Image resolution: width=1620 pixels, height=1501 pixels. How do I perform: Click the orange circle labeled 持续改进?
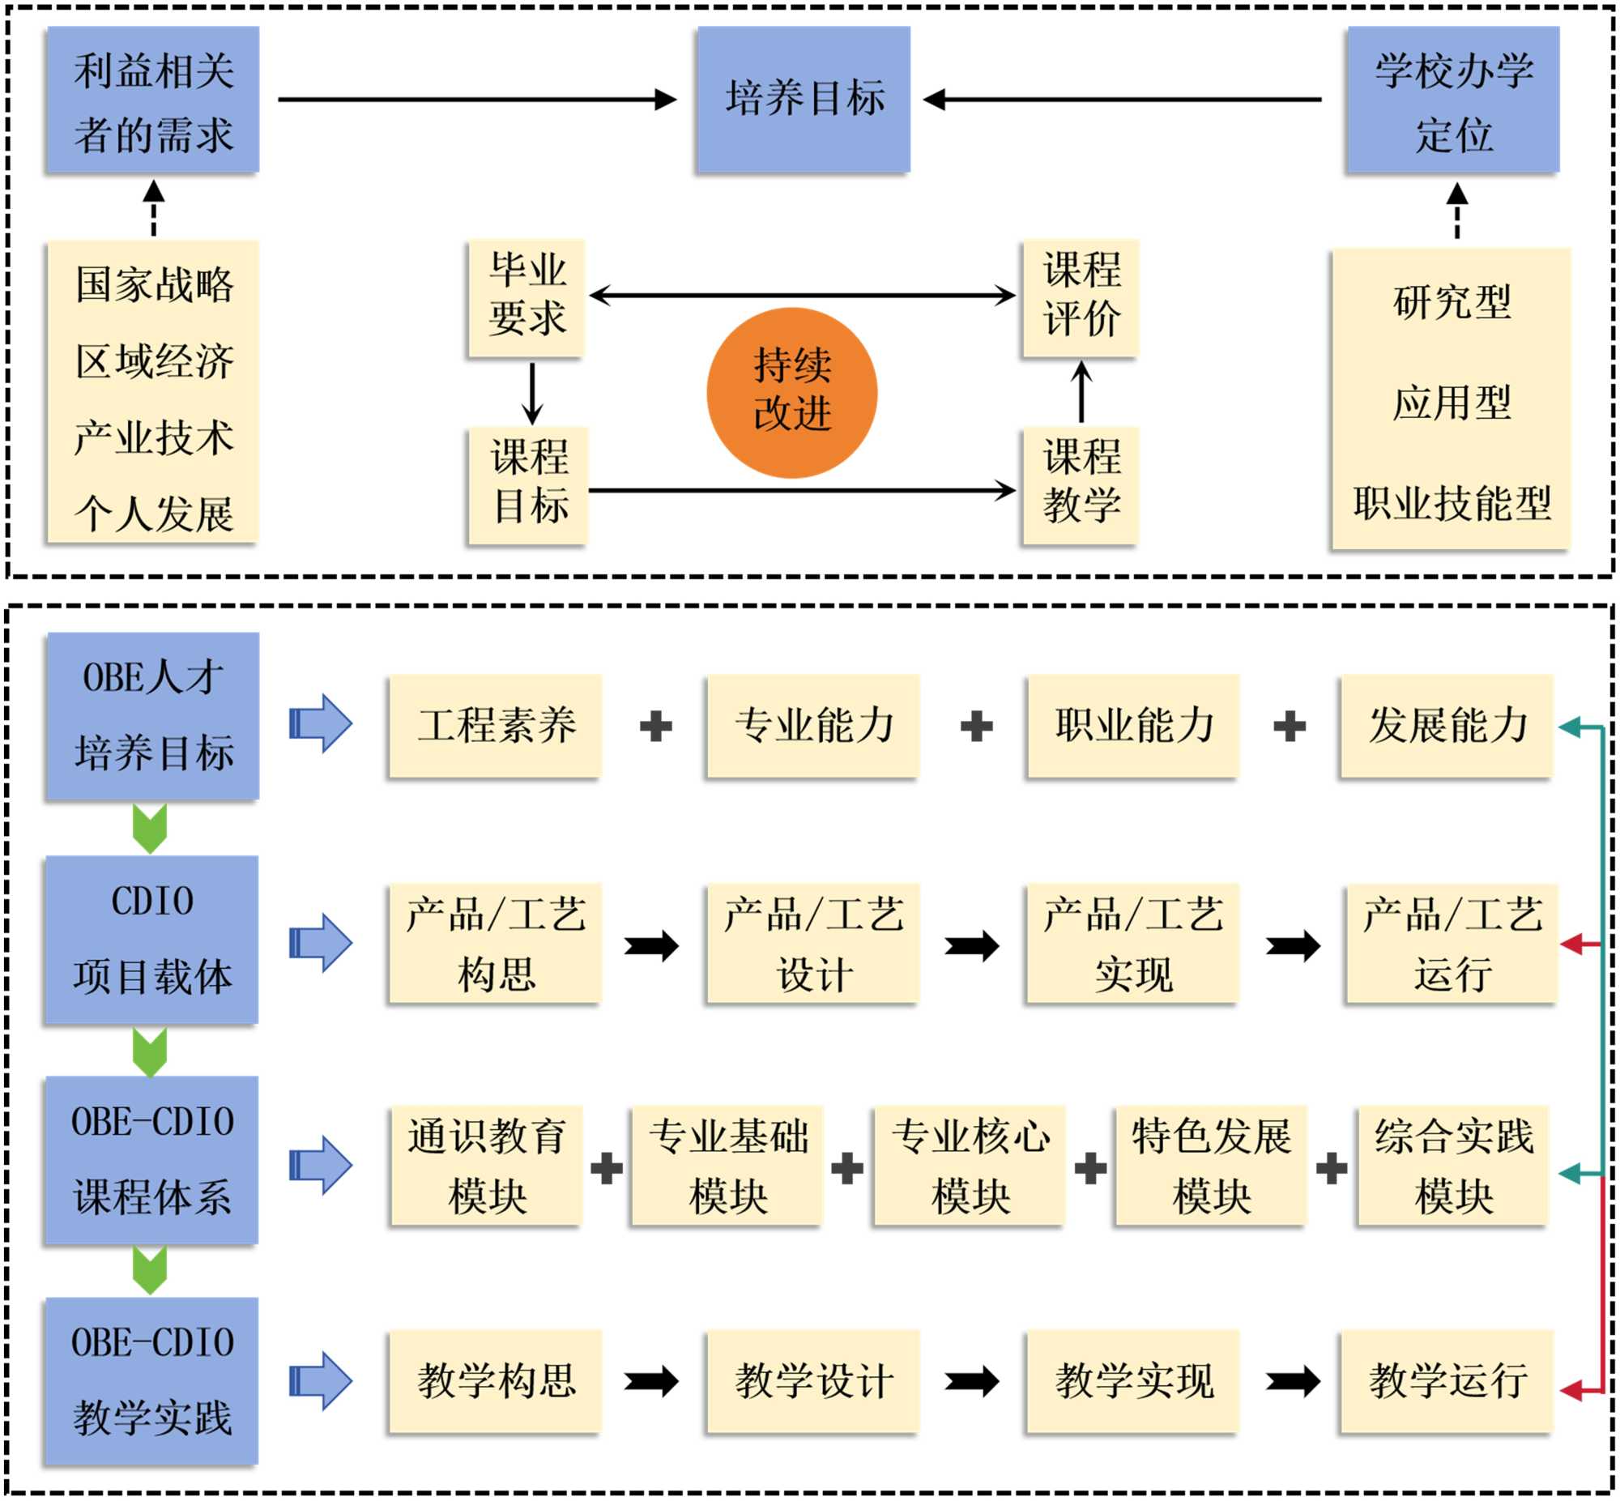pyautogui.click(x=791, y=392)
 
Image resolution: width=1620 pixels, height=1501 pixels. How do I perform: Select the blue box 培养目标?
pyautogui.click(x=803, y=99)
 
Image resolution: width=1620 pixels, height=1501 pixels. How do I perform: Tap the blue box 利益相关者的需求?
pyautogui.click(x=152, y=100)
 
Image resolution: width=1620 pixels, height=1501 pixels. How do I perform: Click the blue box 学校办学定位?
pyautogui.click(x=1452, y=100)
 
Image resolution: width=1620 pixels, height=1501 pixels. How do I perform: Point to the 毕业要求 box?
pyautogui.click(x=526, y=297)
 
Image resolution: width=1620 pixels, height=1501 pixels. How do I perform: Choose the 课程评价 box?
pyautogui.click(x=1080, y=297)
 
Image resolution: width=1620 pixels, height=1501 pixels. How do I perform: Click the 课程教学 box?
pyautogui.click(x=1080, y=485)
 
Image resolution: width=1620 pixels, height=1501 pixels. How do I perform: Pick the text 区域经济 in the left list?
pyautogui.click(x=154, y=361)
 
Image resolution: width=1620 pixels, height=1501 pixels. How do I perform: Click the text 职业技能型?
pyautogui.click(x=1451, y=503)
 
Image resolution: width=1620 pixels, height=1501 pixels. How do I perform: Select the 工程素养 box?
pyautogui.click(x=496, y=725)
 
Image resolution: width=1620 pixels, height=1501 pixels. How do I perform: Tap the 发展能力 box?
pyautogui.click(x=1446, y=725)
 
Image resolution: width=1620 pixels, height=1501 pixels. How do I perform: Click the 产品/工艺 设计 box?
pyautogui.click(x=813, y=944)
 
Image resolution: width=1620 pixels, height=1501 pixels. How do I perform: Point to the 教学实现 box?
pyautogui.click(x=1132, y=1382)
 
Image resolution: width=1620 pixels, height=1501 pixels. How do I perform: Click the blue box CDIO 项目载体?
pyautogui.click(x=151, y=940)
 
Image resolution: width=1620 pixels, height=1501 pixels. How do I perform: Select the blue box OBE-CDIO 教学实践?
pyautogui.click(x=151, y=1381)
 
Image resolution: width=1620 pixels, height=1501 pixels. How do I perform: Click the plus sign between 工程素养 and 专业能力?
pyautogui.click(x=655, y=726)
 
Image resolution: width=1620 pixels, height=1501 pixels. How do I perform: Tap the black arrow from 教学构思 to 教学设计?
pyautogui.click(x=652, y=1382)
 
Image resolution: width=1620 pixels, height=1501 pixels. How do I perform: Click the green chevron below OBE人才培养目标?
pyautogui.click(x=150, y=828)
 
